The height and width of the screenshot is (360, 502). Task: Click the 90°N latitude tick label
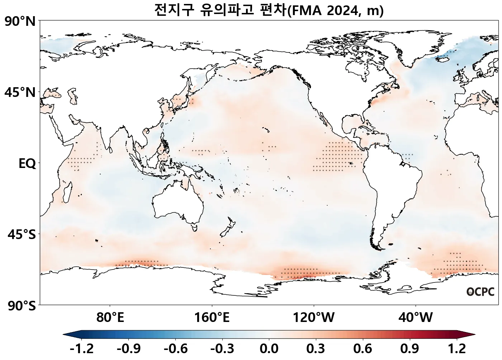click(20, 22)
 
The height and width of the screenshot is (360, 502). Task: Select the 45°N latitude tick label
click(20, 92)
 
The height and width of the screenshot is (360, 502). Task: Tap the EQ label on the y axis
click(27, 164)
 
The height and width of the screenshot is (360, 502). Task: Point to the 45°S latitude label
click(22, 235)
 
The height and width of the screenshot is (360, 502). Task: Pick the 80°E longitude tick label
click(110, 317)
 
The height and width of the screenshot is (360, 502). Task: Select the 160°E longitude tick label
click(212, 317)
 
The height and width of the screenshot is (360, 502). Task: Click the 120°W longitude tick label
click(314, 317)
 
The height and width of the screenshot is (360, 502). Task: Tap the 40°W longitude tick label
click(416, 317)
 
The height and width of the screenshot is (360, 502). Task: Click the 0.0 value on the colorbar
click(269, 349)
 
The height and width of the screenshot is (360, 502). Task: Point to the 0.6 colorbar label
click(363, 349)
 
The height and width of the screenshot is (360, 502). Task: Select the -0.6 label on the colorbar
click(175, 349)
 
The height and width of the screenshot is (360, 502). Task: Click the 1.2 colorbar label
click(457, 349)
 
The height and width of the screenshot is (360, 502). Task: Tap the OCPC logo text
click(480, 292)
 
